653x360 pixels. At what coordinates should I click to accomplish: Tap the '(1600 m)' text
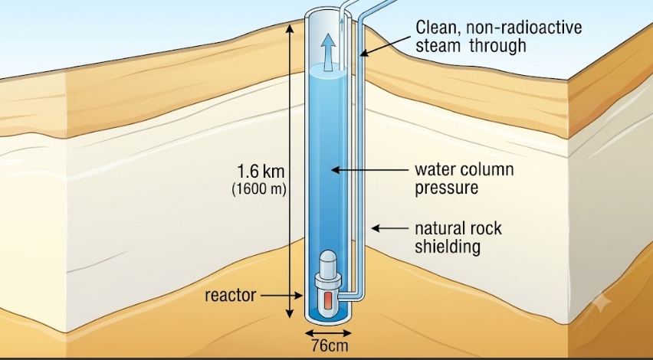click(259, 189)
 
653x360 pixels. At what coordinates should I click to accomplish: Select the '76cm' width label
click(330, 346)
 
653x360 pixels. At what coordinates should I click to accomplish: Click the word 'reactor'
click(230, 296)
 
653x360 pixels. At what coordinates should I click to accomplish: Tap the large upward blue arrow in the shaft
click(328, 52)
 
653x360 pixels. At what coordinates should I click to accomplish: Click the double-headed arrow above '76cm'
click(328, 332)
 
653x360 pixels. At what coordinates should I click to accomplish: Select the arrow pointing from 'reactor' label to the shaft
click(281, 296)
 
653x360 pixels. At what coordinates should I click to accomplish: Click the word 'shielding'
click(448, 247)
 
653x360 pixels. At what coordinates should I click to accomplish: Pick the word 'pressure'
click(446, 188)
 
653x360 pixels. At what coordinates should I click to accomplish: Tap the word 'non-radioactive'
click(524, 28)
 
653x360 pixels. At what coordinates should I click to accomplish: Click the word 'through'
click(498, 45)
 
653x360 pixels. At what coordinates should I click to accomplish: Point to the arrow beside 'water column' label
click(370, 170)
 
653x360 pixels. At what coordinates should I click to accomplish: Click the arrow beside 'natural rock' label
click(390, 228)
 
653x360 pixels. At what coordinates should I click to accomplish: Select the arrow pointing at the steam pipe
click(385, 45)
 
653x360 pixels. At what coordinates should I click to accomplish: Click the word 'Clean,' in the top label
click(438, 28)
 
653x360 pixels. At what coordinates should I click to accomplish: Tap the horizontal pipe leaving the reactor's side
click(349, 295)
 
